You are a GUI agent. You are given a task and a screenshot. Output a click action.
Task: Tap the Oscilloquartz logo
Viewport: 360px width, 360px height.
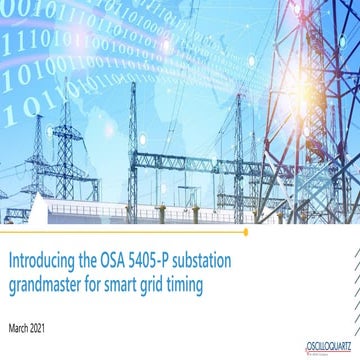(x=331, y=346)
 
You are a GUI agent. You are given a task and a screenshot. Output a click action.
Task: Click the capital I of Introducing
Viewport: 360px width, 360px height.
(x=10, y=259)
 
